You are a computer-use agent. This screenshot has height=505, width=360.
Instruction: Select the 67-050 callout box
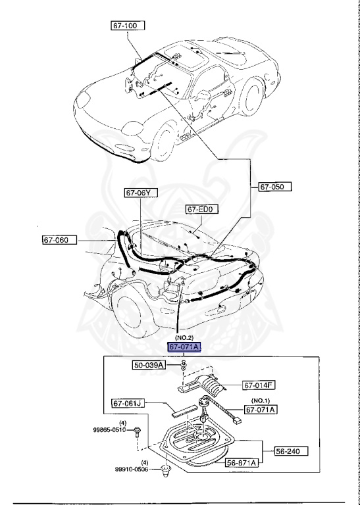pyautogui.click(x=274, y=187)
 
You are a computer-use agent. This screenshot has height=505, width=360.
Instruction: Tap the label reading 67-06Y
pyautogui.click(x=141, y=193)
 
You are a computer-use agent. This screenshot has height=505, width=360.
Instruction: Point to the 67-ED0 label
pyautogui.click(x=202, y=210)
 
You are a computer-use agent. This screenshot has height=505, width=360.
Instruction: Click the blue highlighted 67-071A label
pyautogui.click(x=185, y=347)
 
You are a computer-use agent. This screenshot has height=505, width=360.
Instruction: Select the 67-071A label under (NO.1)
pyautogui.click(x=261, y=409)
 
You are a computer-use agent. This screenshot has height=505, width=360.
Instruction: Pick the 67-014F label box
pyautogui.click(x=259, y=385)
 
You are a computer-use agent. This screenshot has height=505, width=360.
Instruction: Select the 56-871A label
pyautogui.click(x=242, y=463)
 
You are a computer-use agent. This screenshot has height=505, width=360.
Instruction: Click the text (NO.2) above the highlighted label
pyautogui.click(x=184, y=337)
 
